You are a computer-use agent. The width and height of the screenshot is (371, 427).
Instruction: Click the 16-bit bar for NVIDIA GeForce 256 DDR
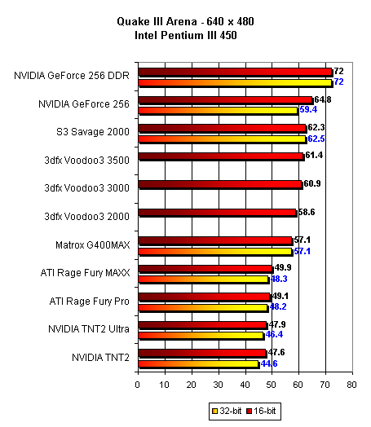point(236,73)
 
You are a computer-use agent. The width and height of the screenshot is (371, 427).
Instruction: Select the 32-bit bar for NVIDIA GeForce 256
point(219,111)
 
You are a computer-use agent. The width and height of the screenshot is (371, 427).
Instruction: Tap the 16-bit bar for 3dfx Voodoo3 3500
point(221,156)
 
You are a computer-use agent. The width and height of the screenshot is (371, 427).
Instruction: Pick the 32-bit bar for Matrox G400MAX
point(216,252)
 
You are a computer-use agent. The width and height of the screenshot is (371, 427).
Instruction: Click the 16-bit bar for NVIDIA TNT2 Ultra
point(203,325)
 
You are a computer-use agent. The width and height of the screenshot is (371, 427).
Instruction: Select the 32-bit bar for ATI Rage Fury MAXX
point(204,280)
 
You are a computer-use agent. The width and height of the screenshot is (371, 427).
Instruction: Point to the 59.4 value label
point(308,109)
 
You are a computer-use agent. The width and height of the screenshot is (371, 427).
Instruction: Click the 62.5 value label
point(316,139)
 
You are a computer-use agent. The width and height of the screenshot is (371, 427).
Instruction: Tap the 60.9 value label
point(312,183)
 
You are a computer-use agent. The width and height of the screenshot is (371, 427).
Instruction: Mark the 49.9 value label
point(283,268)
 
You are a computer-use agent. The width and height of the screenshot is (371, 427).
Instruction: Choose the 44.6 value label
point(269,363)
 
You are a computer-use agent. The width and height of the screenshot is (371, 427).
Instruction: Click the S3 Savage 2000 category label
point(93,132)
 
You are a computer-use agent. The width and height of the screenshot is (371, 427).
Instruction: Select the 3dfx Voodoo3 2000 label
point(87,217)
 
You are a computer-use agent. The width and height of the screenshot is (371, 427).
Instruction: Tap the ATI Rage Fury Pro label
point(90,302)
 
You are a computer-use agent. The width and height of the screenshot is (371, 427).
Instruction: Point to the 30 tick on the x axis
point(219,385)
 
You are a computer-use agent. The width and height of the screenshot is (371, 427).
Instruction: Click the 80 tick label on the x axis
point(352,385)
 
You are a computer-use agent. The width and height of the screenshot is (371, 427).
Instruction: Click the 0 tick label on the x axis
point(138,385)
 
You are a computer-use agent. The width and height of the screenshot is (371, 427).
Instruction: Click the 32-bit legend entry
point(227,411)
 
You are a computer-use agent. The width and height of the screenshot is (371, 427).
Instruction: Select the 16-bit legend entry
point(261,411)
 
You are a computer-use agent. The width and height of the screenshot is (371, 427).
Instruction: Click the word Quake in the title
point(134,21)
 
